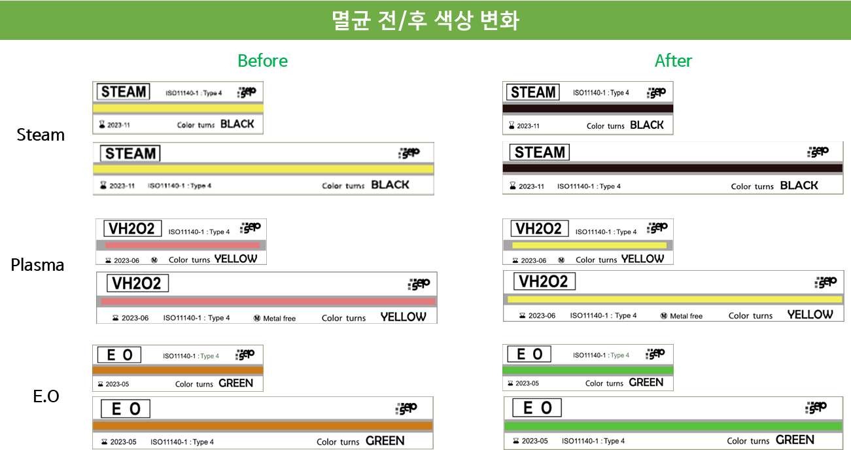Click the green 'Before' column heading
pyautogui.click(x=262, y=61)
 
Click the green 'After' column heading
pyautogui.click(x=673, y=61)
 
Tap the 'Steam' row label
pyautogui.click(x=41, y=135)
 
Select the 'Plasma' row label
pyautogui.click(x=37, y=265)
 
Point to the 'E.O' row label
pyautogui.click(x=46, y=396)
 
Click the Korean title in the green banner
pyautogui.click(x=425, y=20)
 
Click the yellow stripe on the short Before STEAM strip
pyautogui.click(x=178, y=109)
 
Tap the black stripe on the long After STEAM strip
pyautogui.click(x=672, y=168)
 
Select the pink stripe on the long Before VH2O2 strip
pyautogui.click(x=268, y=302)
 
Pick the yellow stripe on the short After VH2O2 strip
pyautogui.click(x=589, y=245)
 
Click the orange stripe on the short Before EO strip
pyautogui.click(x=178, y=370)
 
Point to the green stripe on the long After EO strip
pyautogui.click(x=673, y=426)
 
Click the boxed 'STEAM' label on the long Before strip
pyautogui.click(x=130, y=154)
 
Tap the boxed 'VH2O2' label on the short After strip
pyautogui.click(x=538, y=229)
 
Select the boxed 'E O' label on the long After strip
pyautogui.click(x=537, y=408)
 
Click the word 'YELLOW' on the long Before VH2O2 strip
pyautogui.click(x=403, y=317)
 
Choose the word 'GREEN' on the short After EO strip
pyautogui.click(x=646, y=383)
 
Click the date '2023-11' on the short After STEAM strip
pyautogui.click(x=528, y=126)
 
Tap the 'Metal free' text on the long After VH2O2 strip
pyautogui.click(x=686, y=316)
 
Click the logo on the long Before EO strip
pyautogui.click(x=406, y=409)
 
